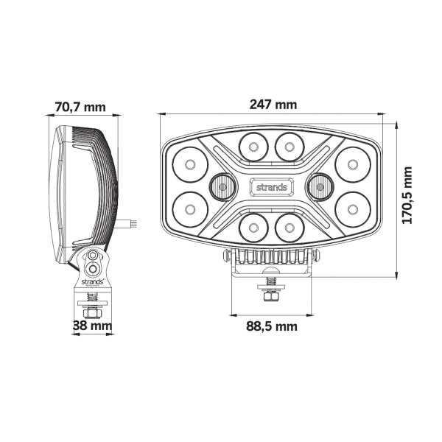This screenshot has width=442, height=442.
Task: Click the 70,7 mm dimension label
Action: coord(80,108)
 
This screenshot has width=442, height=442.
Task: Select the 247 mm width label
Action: coord(273,104)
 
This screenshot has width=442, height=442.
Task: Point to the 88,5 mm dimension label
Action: coord(272,326)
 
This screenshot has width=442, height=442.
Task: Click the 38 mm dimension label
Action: coord(92,325)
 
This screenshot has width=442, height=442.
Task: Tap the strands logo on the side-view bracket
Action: coord(92,281)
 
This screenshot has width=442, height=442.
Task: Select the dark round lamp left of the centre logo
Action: coord(222,188)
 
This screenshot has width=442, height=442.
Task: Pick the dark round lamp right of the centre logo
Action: coord(320,188)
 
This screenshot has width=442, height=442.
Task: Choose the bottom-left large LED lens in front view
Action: coord(190,210)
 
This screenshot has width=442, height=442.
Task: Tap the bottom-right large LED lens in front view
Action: coord(352,210)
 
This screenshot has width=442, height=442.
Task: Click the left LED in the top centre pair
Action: coord(253,147)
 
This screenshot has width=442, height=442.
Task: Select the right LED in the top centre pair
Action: coord(290,147)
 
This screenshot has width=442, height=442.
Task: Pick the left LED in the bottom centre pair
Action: coord(253,228)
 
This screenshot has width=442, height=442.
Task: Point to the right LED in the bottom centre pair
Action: coord(290,228)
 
